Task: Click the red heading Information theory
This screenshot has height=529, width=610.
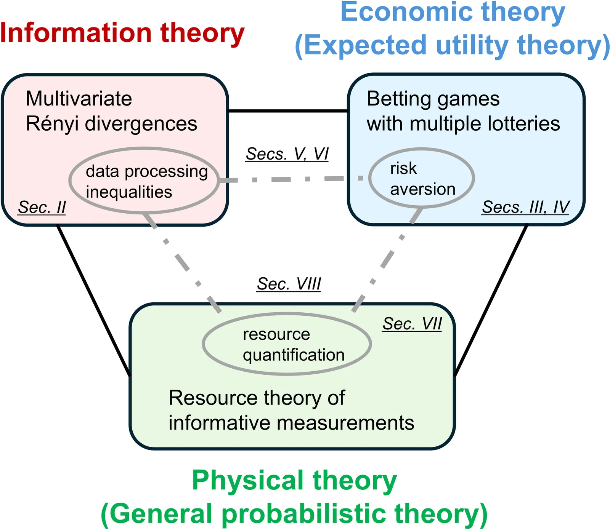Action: click(122, 34)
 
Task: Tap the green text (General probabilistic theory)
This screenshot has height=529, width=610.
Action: click(294, 513)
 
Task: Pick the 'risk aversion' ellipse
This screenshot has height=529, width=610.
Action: click(422, 178)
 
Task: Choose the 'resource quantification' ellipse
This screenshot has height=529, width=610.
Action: click(287, 344)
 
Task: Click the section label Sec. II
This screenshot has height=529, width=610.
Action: click(42, 208)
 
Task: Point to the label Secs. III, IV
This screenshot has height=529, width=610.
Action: click(525, 208)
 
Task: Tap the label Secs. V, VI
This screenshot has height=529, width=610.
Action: click(287, 154)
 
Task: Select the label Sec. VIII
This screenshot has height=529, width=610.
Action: click(289, 284)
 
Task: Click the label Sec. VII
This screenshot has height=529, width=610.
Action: click(412, 324)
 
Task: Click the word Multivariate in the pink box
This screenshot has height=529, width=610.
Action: click(79, 99)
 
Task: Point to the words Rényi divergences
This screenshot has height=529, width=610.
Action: click(111, 124)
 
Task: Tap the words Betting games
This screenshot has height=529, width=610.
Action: click(433, 99)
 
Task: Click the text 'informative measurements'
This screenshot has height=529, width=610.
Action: click(291, 423)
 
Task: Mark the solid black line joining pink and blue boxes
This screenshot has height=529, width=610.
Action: click(288, 111)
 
